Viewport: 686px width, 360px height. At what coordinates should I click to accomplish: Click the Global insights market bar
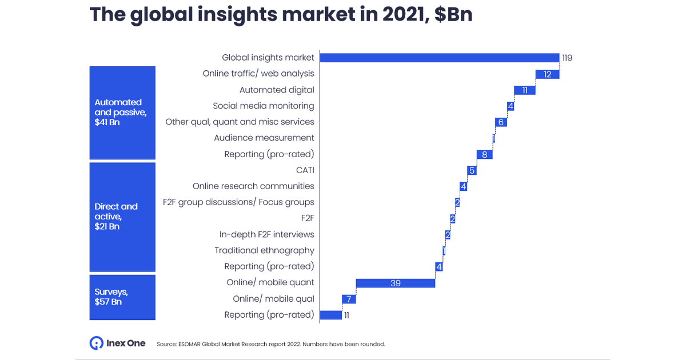point(439,58)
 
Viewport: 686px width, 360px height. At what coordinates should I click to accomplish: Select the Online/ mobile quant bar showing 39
point(396,283)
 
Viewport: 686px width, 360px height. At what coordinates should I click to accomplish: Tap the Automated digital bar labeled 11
point(525,90)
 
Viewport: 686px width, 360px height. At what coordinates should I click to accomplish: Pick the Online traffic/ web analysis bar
point(547,74)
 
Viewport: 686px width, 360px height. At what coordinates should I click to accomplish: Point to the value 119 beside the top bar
point(567,58)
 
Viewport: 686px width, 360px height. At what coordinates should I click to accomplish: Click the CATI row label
point(305,170)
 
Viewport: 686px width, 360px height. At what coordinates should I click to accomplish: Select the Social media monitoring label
point(263,106)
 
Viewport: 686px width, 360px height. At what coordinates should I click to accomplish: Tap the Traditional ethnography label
point(264,250)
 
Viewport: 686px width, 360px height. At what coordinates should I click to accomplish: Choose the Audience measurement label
point(264,138)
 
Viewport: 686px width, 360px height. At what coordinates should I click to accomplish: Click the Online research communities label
point(253,186)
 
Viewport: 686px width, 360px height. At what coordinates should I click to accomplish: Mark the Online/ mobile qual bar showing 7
point(349,299)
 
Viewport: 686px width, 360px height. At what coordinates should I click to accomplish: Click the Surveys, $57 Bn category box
point(122,297)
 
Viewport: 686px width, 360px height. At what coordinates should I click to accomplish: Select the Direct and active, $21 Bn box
point(122,217)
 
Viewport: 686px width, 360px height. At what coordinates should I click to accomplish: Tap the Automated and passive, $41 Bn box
point(122,113)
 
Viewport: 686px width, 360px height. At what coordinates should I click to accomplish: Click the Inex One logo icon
point(96,343)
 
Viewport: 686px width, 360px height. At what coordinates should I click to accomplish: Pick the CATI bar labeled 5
point(472,170)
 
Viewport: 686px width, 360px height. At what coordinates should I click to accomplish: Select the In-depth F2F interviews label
point(266,234)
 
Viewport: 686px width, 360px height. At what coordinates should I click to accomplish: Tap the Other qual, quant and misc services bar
point(501,122)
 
